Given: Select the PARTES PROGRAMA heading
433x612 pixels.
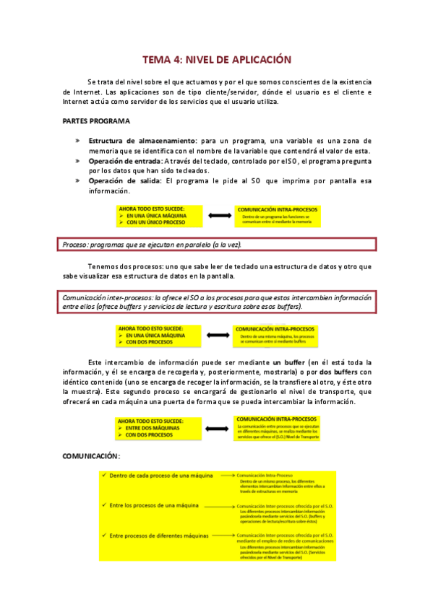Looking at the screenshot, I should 95,121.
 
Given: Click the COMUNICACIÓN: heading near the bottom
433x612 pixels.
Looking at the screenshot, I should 90,457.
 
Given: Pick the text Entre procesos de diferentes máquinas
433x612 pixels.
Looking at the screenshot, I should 159,535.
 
